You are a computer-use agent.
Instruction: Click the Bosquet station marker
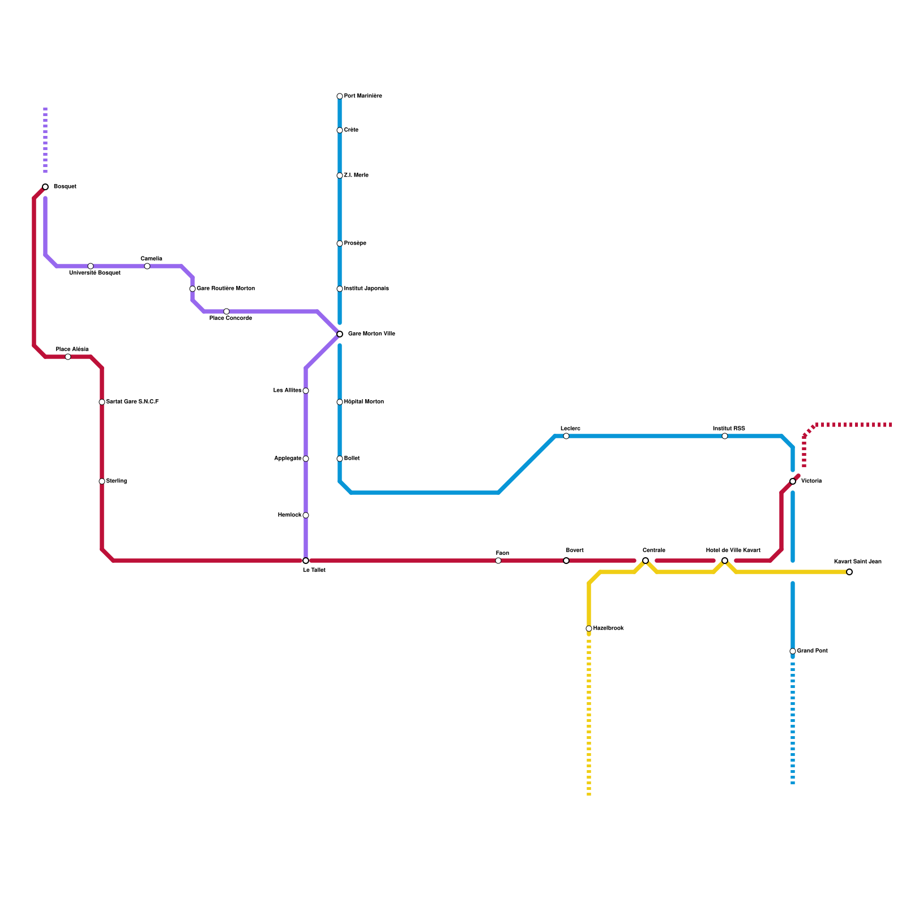pos(45,187)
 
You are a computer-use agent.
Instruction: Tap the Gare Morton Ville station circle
pos(340,334)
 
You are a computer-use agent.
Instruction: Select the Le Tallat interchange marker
pos(306,561)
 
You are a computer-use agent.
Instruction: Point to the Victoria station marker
pos(793,481)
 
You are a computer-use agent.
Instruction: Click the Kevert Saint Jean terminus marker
pos(849,572)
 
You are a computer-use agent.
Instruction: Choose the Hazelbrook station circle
pos(589,629)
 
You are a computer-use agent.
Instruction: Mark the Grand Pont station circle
pos(793,651)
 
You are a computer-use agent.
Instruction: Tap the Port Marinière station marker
pos(340,96)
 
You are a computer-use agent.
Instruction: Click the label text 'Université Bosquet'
pos(95,273)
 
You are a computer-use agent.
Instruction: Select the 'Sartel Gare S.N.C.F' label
pos(132,402)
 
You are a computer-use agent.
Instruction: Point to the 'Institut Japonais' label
pos(366,289)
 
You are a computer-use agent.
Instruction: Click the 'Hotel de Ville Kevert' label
pos(733,550)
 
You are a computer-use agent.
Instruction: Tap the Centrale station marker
pos(646,561)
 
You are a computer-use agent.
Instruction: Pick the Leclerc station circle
pos(566,436)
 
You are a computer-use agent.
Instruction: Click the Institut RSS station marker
pos(725,436)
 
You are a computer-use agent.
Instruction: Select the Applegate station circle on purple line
pos(306,459)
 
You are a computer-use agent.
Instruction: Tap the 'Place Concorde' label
pos(230,318)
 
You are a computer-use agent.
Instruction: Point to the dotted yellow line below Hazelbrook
pos(589,713)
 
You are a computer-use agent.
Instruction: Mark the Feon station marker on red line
pos(498,561)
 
